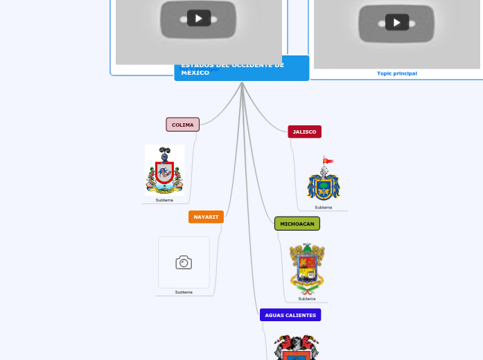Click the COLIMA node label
click(182, 125)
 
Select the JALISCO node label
click(304, 132)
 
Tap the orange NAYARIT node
click(206, 217)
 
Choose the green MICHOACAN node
click(297, 224)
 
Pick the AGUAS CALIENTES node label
click(290, 315)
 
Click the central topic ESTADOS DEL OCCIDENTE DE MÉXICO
click(241, 69)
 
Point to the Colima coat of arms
click(164, 170)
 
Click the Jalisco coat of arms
click(324, 181)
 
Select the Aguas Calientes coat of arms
click(297, 348)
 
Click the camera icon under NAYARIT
click(184, 262)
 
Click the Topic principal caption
click(397, 73)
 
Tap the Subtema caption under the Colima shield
click(164, 200)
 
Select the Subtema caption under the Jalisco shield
click(323, 207)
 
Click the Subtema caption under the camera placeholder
click(184, 292)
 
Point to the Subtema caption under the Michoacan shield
click(307, 299)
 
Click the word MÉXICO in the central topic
click(195, 73)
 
